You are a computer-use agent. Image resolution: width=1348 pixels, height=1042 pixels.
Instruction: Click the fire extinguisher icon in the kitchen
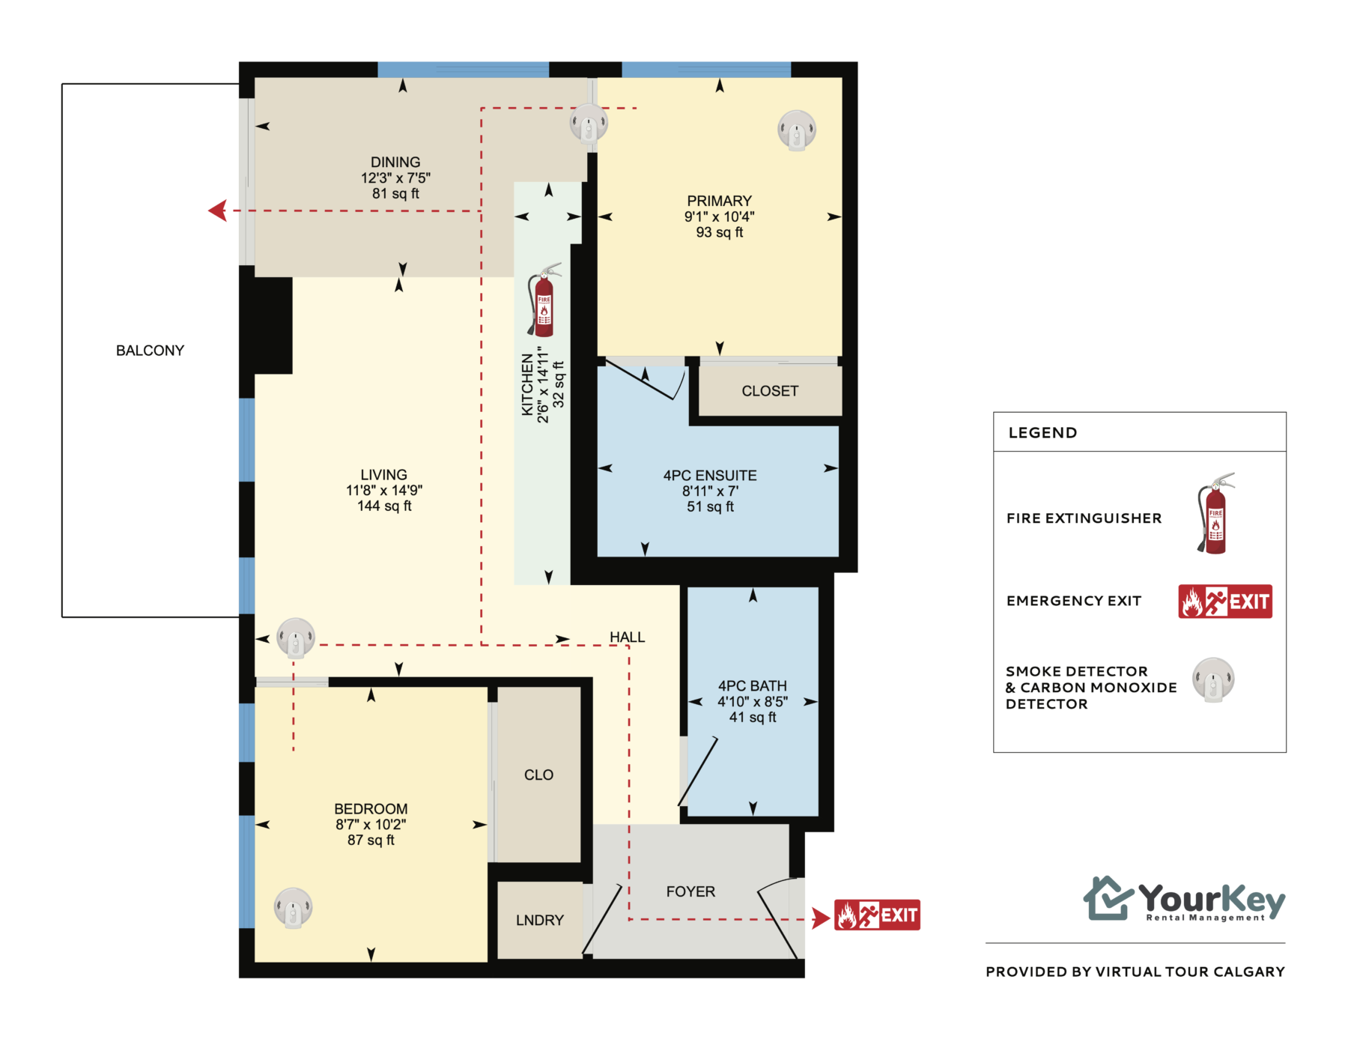tap(544, 300)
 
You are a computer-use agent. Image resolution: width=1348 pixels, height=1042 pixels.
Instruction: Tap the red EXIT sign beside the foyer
tap(877, 915)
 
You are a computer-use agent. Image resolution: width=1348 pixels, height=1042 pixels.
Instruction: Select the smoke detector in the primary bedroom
tap(796, 130)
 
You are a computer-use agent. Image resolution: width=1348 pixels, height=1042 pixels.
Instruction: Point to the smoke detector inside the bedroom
tap(293, 908)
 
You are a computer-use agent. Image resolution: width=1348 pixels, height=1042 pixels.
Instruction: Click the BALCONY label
tap(150, 351)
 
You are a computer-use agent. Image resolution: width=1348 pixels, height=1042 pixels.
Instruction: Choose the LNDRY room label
tap(540, 920)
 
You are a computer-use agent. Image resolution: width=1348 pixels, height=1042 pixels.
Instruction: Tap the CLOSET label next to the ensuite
tap(770, 391)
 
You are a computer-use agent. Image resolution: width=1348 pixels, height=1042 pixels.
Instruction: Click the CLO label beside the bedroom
tap(538, 775)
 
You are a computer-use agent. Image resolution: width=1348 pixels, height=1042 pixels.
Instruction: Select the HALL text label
tap(627, 637)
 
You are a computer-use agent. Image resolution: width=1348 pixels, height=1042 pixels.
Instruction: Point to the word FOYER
tap(690, 891)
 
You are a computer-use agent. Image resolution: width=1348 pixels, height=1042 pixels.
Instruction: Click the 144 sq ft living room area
tap(384, 506)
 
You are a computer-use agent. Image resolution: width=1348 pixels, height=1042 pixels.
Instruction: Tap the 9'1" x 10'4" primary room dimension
tap(719, 216)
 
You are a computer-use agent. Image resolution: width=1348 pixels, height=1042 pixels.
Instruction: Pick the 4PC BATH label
tap(753, 685)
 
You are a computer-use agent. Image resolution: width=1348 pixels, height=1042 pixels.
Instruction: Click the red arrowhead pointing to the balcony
tap(218, 210)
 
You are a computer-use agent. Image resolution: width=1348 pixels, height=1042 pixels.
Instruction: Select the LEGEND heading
tap(1042, 432)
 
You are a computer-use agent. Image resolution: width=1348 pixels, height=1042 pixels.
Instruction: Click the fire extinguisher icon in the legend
tap(1215, 514)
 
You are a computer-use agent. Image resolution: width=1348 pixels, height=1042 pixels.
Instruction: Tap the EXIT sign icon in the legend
tap(1225, 601)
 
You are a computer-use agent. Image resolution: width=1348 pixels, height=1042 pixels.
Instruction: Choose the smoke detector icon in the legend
tap(1213, 680)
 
